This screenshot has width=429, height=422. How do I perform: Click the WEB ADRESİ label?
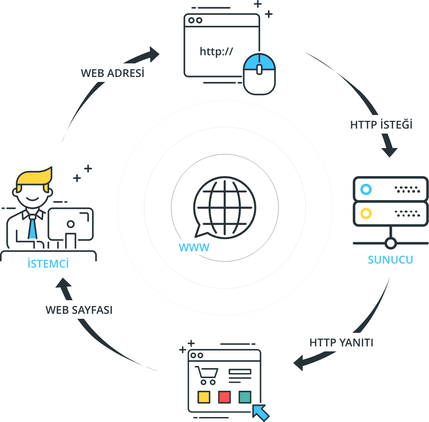110,73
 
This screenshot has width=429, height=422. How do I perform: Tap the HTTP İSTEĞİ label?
381,125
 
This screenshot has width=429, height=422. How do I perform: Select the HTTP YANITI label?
341,342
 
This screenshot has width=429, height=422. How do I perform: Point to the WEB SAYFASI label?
77,310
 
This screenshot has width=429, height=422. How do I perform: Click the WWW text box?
188,247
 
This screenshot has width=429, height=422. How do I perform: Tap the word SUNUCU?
390,259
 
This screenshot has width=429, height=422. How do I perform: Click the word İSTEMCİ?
48,263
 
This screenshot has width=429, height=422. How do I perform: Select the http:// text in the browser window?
216,51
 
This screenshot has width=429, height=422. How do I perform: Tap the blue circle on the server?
366,189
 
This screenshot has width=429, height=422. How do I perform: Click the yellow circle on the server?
366,212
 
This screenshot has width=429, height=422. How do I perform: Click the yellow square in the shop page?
204,397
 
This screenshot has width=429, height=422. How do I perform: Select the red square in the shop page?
224,397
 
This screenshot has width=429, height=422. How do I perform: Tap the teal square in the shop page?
245,397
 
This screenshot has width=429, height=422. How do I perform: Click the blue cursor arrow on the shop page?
260,412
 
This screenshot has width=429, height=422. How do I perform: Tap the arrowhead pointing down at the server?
390,152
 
